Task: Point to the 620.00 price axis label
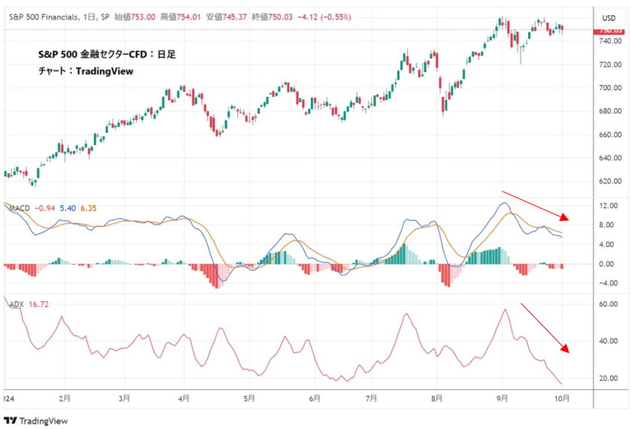(x=609, y=181)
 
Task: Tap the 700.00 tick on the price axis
(x=609, y=88)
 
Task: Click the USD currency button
(x=608, y=18)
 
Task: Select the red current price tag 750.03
(x=609, y=30)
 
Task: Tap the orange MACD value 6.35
(x=89, y=208)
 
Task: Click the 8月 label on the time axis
(x=437, y=398)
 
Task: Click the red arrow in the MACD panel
(x=536, y=204)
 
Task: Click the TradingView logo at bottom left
(x=35, y=421)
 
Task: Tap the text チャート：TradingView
(x=86, y=72)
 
